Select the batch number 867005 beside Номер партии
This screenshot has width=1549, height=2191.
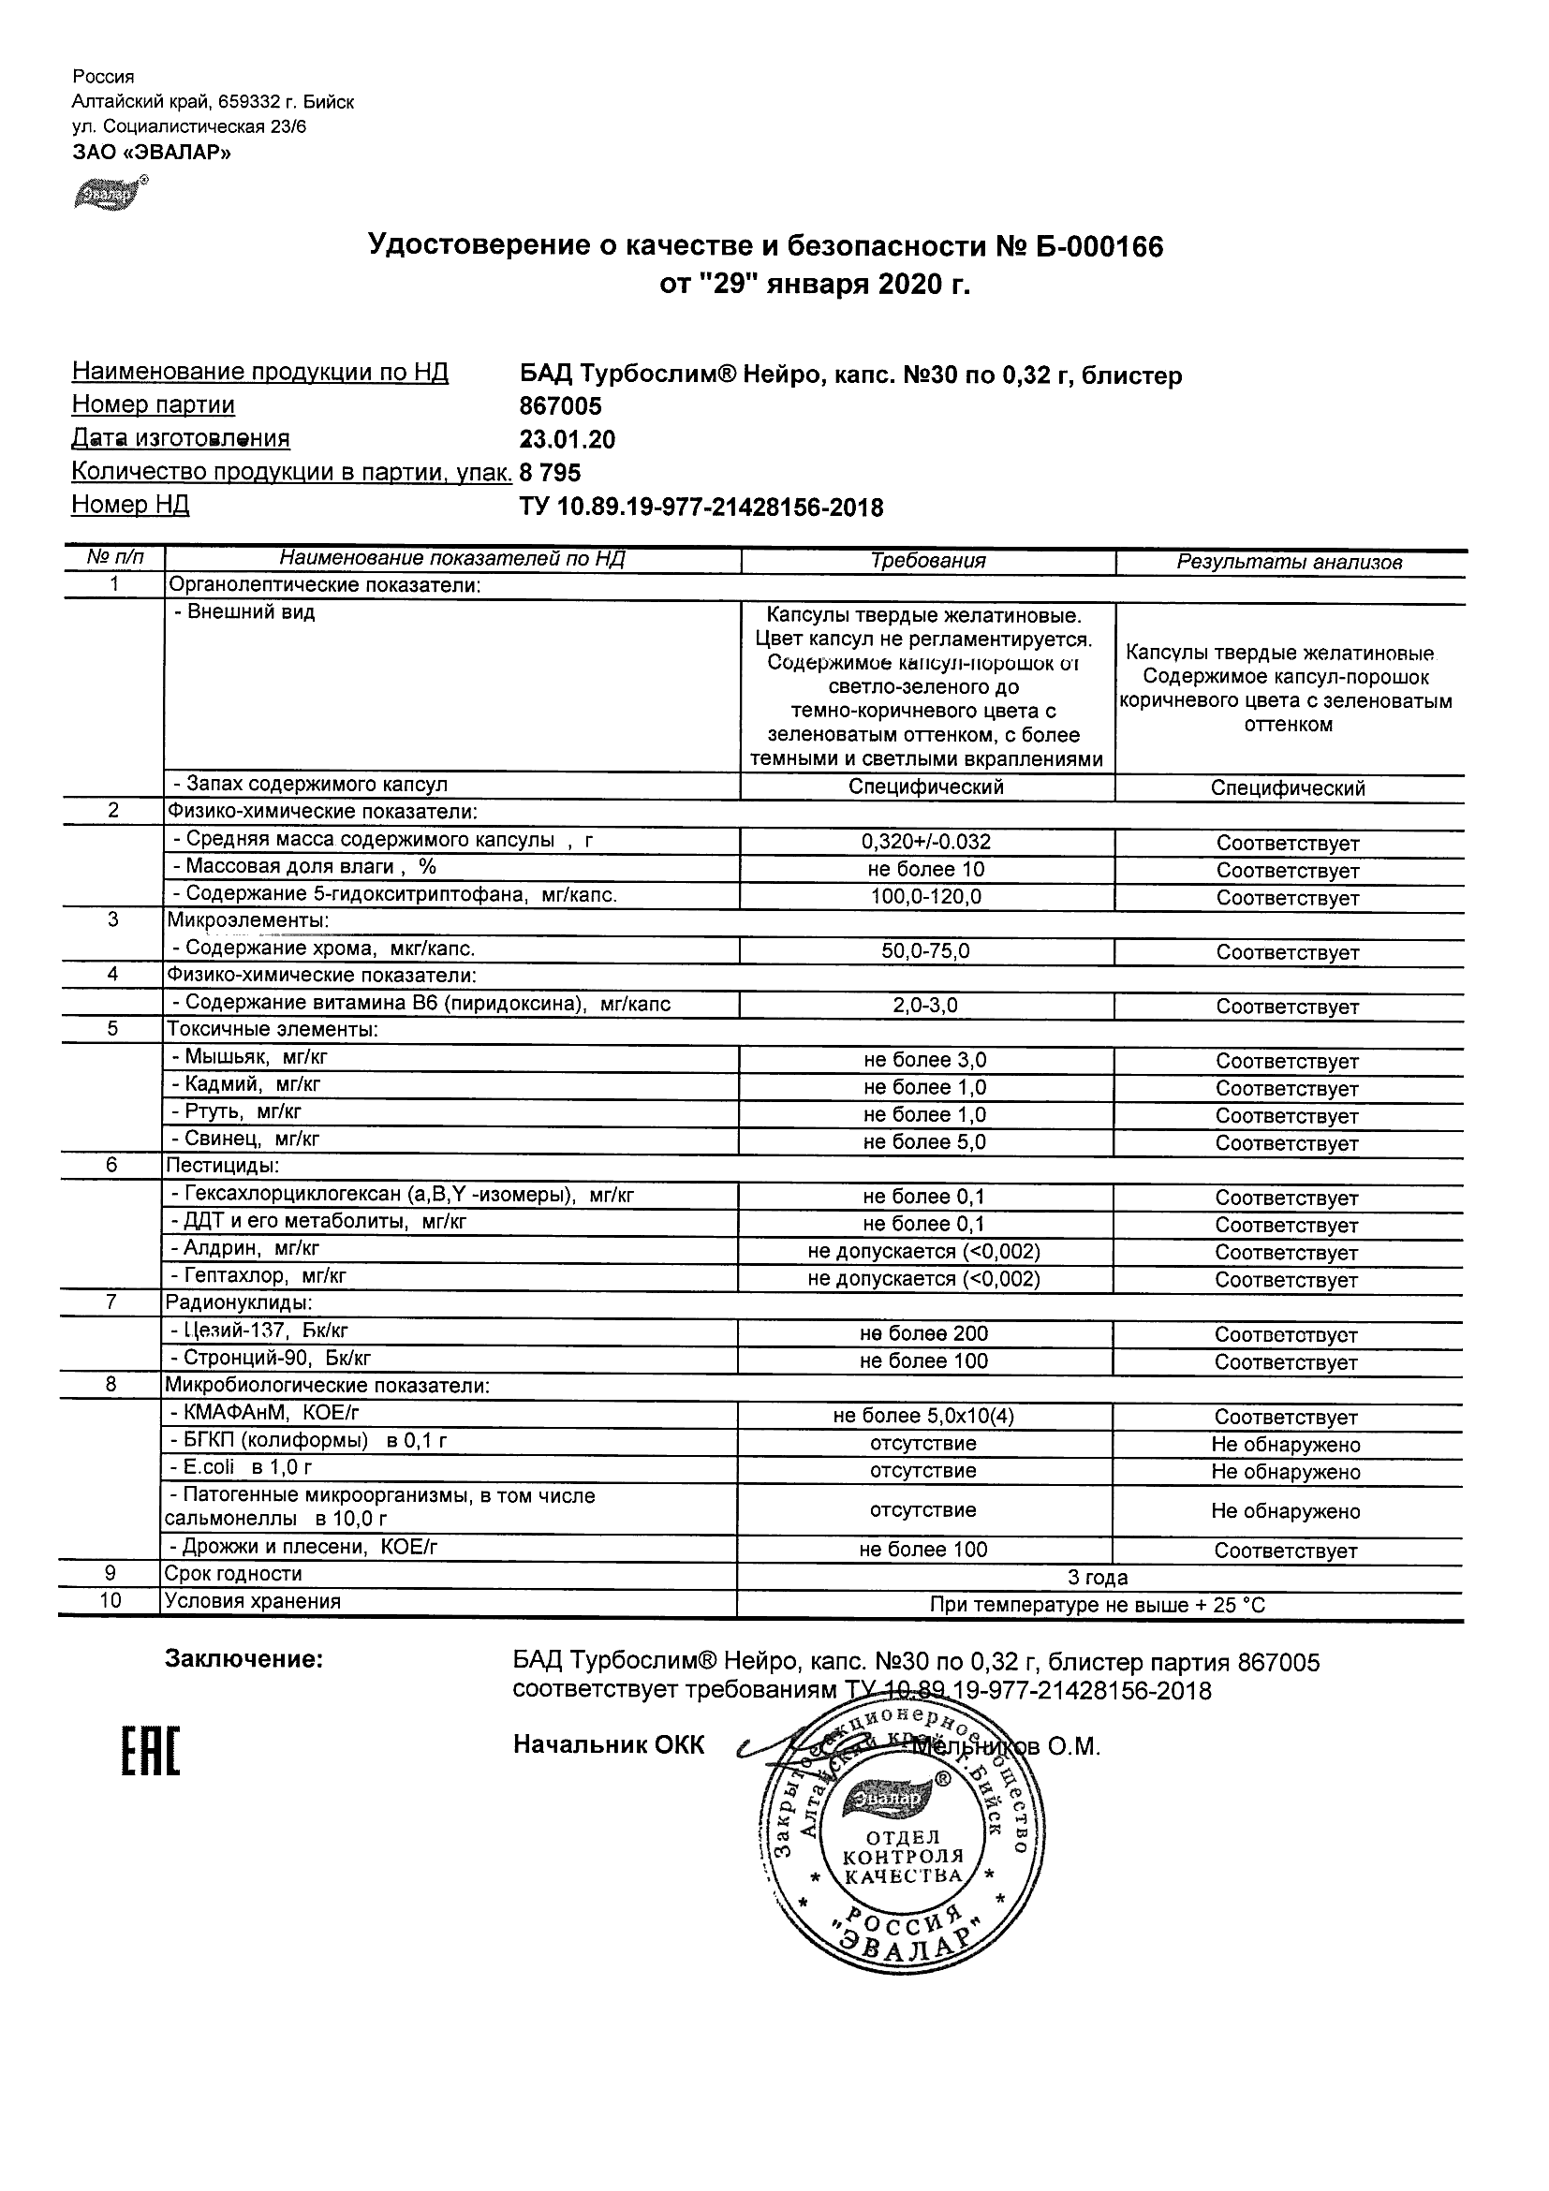(560, 406)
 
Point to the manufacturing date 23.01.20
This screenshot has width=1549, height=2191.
(567, 440)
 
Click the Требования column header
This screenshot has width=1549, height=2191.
(928, 561)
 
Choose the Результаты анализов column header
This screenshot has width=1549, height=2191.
(1289, 562)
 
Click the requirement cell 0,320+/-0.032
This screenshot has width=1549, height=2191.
(926, 842)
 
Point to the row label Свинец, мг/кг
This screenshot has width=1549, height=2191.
(244, 1139)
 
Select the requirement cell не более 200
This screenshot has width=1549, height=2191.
(922, 1334)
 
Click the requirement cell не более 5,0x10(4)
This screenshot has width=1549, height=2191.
(922, 1416)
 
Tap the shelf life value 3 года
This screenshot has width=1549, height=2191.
(1098, 1578)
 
